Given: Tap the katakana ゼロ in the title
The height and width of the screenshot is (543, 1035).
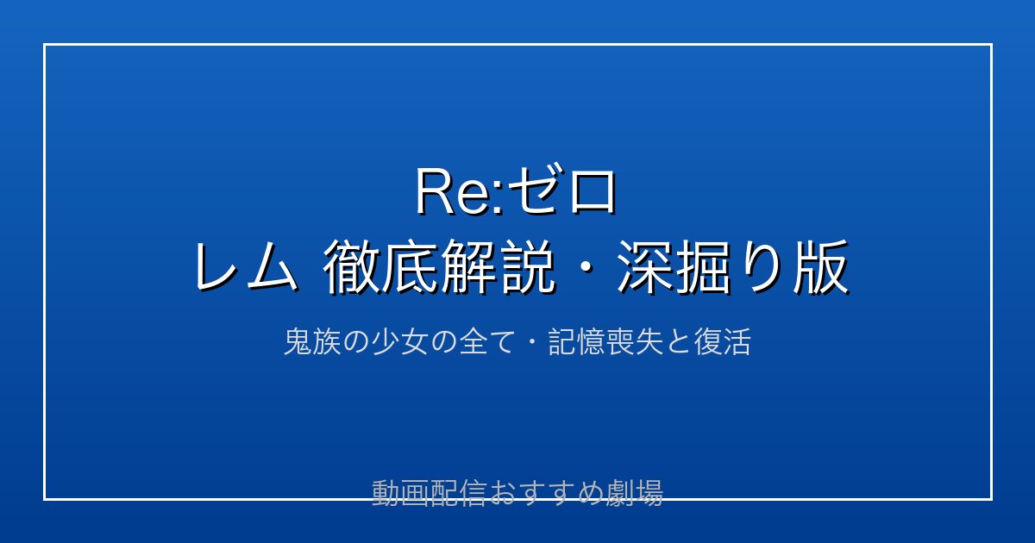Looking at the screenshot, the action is [561, 190].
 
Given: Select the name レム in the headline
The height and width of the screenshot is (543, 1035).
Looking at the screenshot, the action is [246, 267].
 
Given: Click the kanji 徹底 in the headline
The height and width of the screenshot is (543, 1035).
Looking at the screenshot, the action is [381, 267].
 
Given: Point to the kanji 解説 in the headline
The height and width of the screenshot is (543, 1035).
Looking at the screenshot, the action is [498, 267].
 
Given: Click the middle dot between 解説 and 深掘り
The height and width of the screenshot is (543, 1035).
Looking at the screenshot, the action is [586, 267].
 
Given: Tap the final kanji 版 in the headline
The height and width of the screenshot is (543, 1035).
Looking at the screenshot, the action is [821, 267].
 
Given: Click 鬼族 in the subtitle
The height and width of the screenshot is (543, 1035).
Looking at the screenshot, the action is [312, 341].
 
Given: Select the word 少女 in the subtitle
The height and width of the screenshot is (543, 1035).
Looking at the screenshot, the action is [400, 341].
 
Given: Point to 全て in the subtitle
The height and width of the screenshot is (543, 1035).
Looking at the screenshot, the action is [487, 341].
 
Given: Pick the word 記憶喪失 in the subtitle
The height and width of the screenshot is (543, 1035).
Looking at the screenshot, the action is [605, 341].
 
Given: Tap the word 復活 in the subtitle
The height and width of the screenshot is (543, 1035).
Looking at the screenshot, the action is [722, 341].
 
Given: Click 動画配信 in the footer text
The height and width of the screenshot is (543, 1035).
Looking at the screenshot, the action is [429, 493].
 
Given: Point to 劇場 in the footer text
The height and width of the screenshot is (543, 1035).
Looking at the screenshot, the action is [635, 493].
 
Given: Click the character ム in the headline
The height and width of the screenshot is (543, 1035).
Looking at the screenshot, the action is [273, 267].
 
